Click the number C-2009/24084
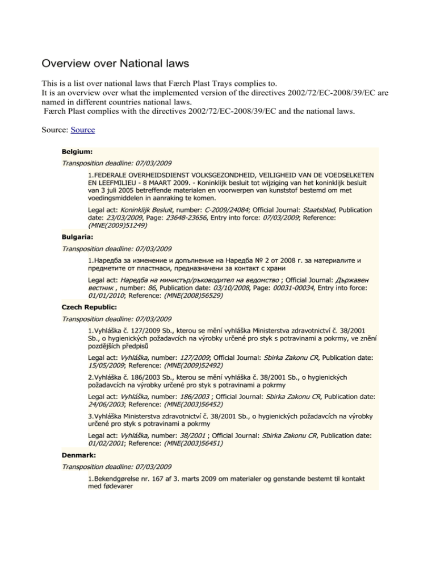219,210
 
